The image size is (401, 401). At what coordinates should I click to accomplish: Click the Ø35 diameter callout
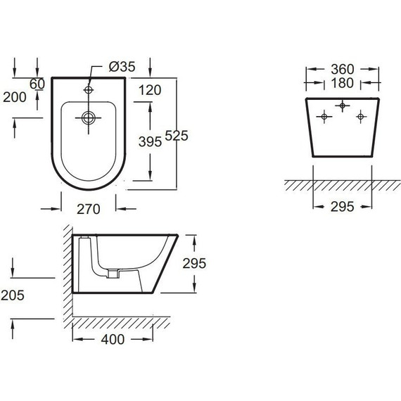122,67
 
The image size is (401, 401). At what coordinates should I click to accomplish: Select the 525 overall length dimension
177,135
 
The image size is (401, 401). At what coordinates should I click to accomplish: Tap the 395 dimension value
150,141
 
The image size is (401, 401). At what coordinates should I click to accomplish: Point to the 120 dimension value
150,90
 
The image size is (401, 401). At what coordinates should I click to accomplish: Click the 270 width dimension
89,209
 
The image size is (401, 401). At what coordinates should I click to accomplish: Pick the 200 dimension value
15,97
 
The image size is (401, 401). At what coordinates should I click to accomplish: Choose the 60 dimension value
37,84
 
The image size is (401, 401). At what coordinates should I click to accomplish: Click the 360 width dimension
343,69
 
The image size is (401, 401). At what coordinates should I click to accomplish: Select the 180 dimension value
343,83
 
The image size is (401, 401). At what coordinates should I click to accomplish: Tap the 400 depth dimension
113,339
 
